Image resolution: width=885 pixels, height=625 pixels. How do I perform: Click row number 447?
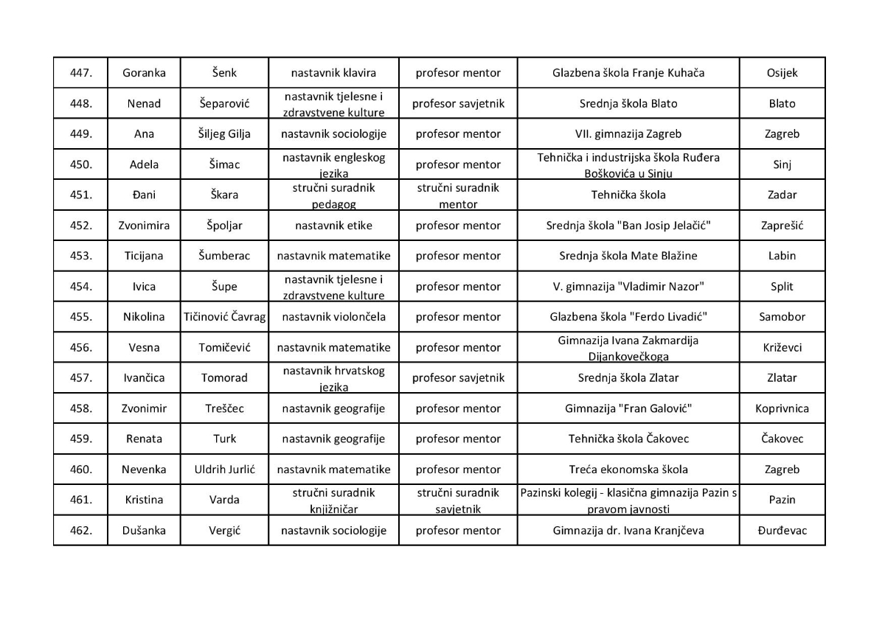[80, 73]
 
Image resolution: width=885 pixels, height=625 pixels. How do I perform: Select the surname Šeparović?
[224, 104]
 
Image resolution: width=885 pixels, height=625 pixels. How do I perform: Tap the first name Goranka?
[144, 73]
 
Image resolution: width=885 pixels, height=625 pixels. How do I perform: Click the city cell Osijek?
[782, 73]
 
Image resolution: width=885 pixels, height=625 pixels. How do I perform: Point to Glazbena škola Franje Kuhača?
[628, 73]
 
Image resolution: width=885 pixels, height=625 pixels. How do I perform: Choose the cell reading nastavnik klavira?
[333, 73]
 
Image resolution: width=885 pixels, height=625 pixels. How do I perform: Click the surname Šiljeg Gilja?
[224, 134]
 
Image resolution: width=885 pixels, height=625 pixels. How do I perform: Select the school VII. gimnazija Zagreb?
[628, 134]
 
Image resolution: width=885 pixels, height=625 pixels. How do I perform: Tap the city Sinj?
[782, 164]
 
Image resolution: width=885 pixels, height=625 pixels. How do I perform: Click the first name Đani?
[144, 195]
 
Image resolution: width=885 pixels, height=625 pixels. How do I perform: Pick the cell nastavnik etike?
[333, 226]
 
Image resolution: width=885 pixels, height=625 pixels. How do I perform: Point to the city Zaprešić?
[782, 226]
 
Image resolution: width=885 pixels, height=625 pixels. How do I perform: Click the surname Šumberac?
[224, 256]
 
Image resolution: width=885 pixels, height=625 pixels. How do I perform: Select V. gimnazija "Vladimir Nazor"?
[628, 287]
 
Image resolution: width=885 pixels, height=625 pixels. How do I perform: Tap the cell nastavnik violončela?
[333, 317]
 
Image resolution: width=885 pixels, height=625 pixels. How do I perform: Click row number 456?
[80, 347]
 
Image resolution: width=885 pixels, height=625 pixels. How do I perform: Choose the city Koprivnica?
[782, 408]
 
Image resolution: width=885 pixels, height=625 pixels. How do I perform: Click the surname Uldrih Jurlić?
[224, 469]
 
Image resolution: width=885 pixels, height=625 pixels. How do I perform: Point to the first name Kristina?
[144, 500]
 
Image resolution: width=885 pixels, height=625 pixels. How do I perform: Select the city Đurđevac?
[782, 531]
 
